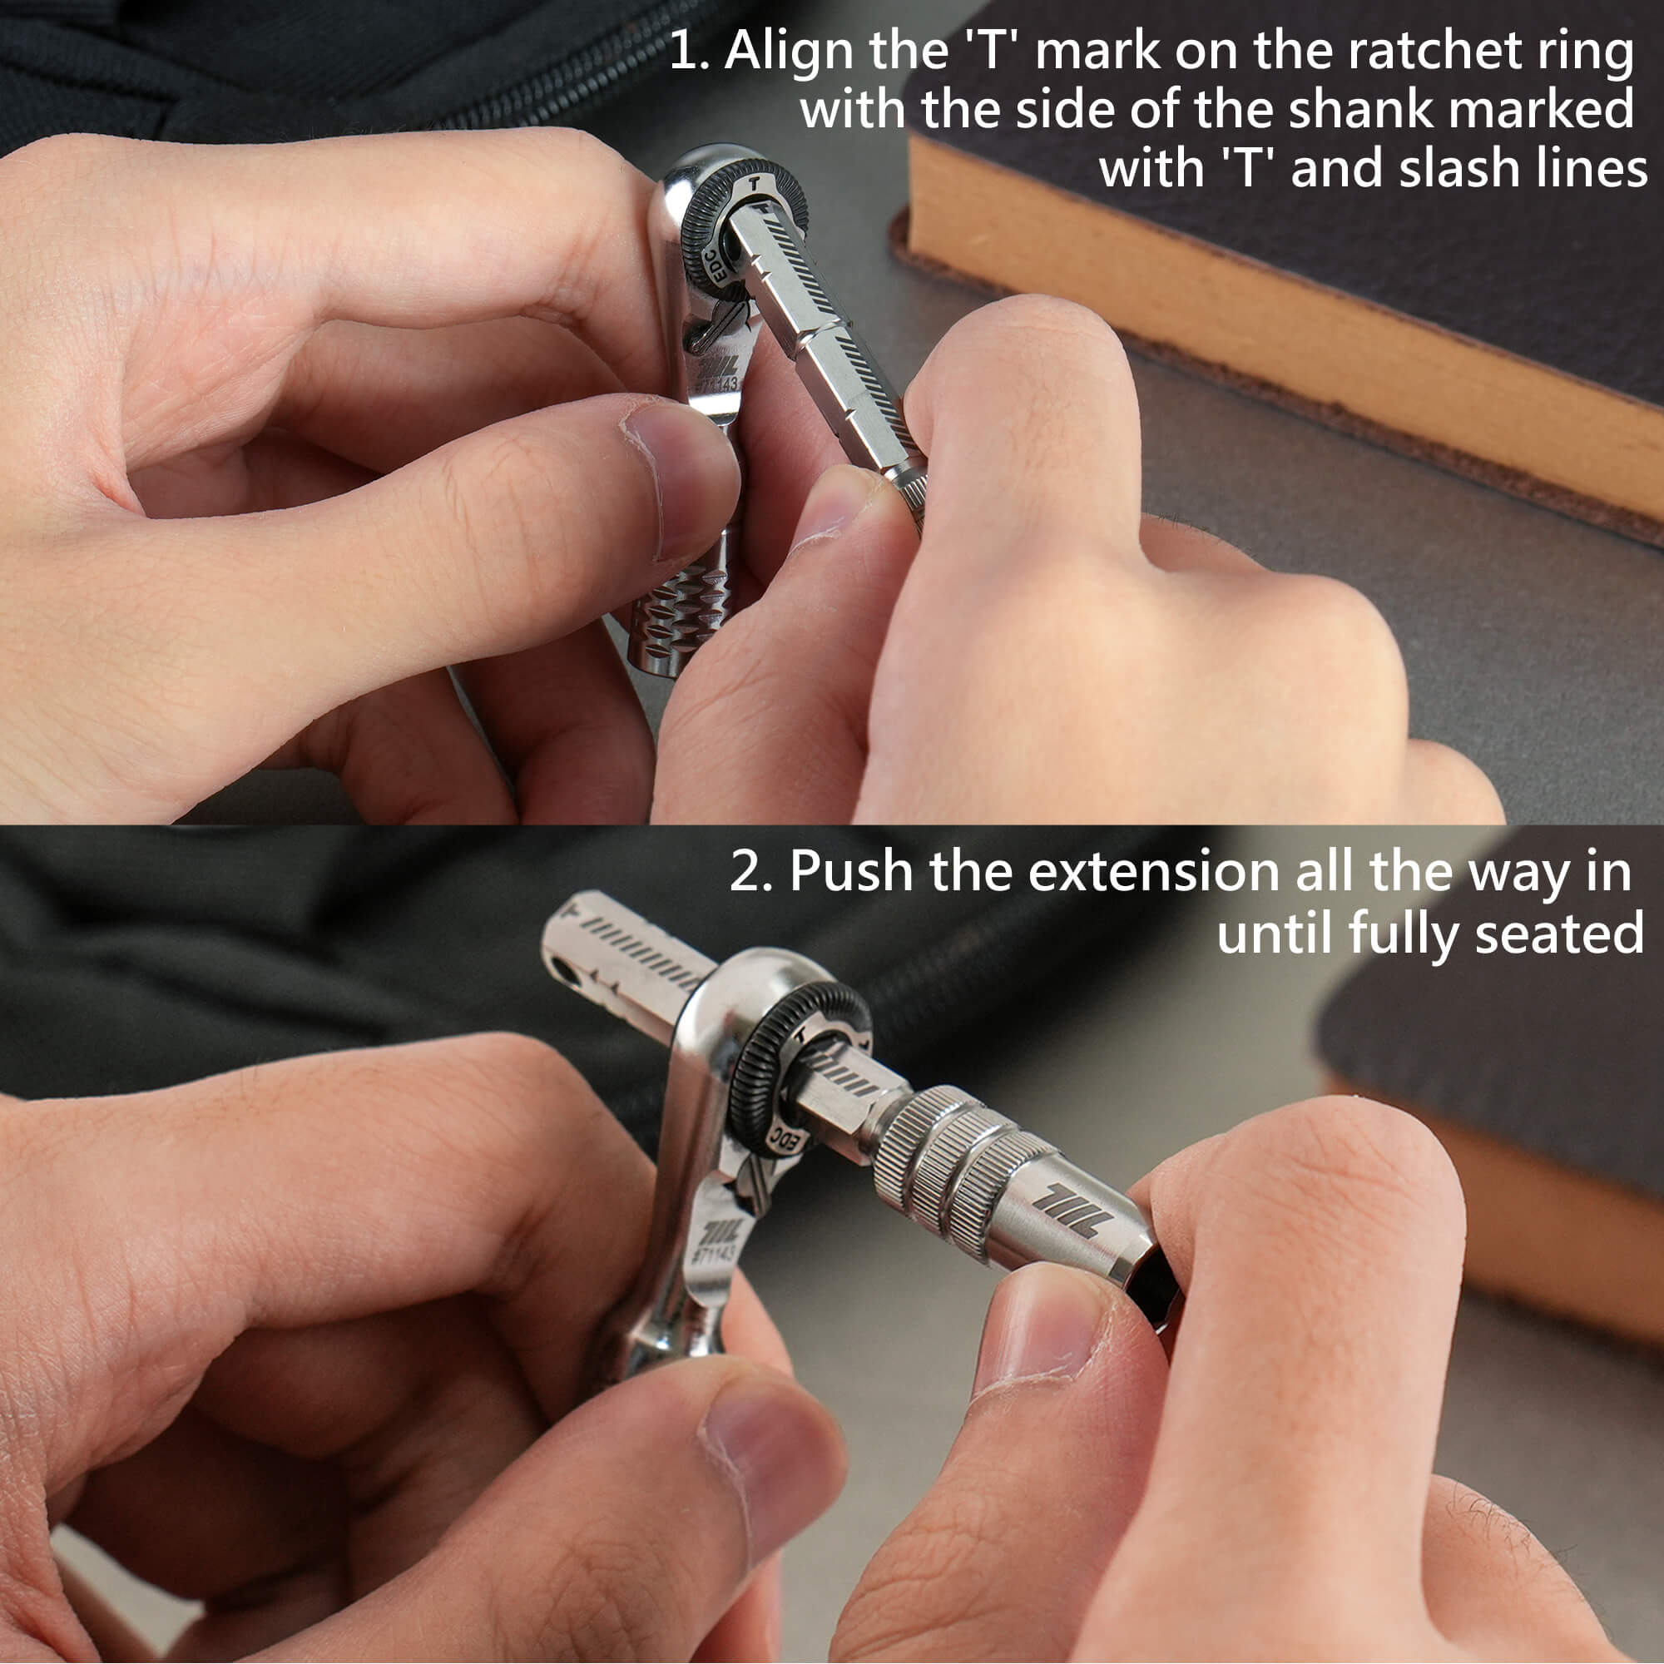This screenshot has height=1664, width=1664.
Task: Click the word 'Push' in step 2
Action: tap(851, 871)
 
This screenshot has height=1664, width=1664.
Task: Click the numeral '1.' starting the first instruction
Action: tap(689, 52)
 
